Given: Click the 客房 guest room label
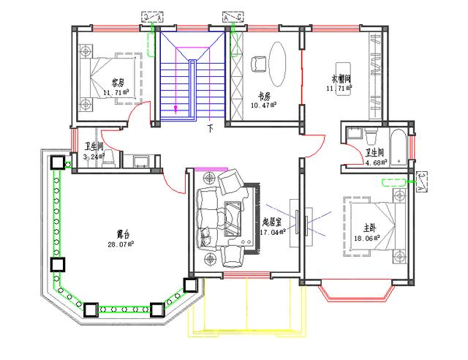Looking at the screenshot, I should [118, 82].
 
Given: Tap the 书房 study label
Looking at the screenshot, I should [264, 97].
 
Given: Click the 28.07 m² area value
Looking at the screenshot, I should [123, 245].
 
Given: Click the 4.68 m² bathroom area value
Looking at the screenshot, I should [375, 162].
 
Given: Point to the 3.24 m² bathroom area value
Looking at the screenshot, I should [94, 157].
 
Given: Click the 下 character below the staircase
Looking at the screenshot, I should [211, 129].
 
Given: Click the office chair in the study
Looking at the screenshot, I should [259, 64].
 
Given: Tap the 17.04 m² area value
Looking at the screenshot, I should [272, 233].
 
